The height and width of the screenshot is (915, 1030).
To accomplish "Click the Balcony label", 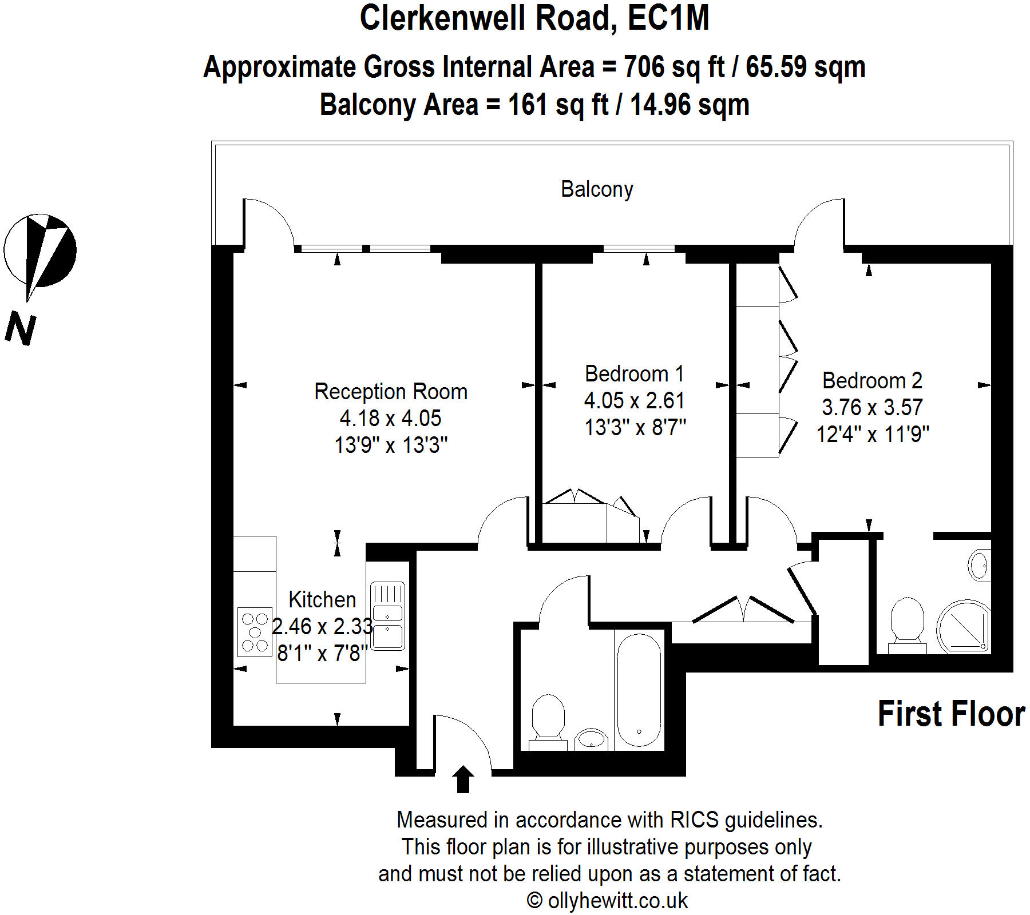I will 597,189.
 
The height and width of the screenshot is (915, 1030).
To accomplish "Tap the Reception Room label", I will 391,392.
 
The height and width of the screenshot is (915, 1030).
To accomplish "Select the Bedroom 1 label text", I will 634,374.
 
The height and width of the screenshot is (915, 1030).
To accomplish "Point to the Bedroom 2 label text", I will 872,381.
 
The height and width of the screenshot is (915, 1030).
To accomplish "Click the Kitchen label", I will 322,599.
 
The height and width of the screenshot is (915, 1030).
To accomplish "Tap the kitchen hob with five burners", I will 255,632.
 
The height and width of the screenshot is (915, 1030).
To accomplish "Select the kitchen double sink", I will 387,616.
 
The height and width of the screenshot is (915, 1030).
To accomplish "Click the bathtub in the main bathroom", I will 639,690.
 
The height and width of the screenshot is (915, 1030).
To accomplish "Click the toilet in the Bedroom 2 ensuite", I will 908,624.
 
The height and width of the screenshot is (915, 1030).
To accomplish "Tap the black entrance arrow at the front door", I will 463,779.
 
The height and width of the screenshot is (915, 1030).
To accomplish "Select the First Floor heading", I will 951,714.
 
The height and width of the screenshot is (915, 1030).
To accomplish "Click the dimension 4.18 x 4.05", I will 391,419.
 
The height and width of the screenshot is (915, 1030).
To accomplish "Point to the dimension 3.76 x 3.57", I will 872,408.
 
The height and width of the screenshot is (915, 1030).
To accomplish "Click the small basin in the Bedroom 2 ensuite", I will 978,566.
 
